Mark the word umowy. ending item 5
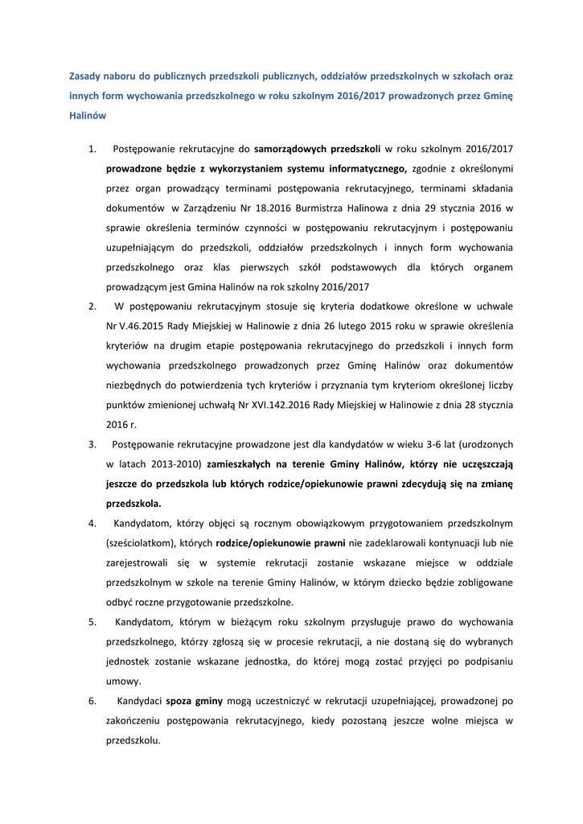(x=124, y=681)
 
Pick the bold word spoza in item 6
(x=180, y=701)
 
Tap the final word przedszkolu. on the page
(x=133, y=740)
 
